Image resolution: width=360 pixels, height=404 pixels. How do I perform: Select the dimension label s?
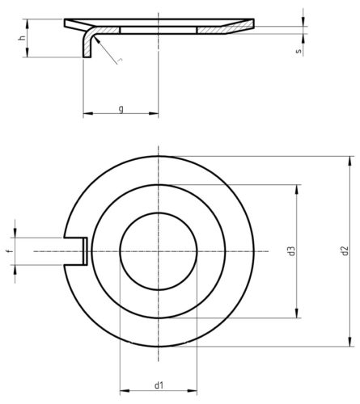click(299, 50)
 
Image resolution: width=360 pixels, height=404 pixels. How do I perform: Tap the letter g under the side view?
click(121, 107)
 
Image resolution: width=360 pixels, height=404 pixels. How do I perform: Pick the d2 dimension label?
click(345, 251)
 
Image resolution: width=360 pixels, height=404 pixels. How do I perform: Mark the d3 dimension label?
click(290, 251)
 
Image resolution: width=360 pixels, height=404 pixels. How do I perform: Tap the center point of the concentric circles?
click(159, 251)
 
